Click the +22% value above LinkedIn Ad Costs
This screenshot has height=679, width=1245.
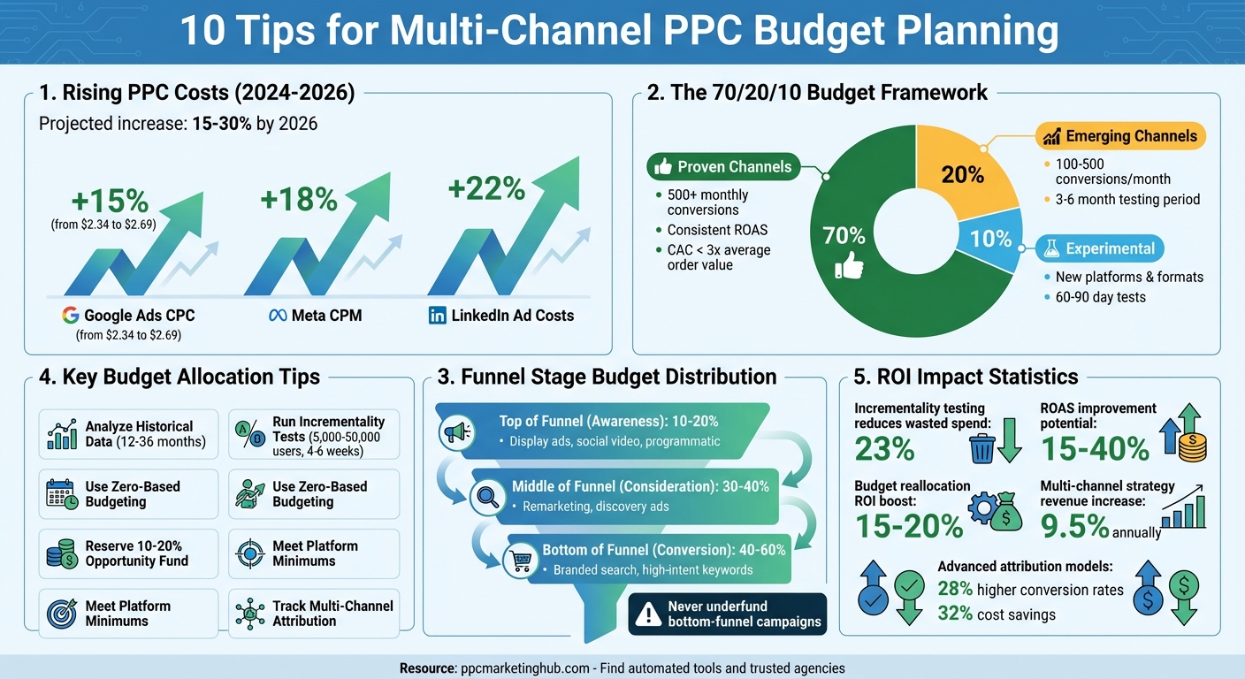[x=486, y=189]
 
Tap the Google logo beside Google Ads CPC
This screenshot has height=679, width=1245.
[x=71, y=316]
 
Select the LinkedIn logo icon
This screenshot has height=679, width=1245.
[x=437, y=316]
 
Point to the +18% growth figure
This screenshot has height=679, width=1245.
[x=299, y=200]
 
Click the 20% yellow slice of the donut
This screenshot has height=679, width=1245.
[x=962, y=174]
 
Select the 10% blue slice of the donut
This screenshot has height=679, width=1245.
[x=990, y=239]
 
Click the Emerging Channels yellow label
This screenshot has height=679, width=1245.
[x=1119, y=136]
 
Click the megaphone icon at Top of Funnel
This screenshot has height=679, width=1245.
[x=456, y=431]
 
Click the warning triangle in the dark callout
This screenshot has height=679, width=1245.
[x=649, y=614]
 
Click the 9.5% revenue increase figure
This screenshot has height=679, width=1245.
[x=1073, y=526]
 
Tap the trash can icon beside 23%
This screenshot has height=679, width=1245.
[x=982, y=448]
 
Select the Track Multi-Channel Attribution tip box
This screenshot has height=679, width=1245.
[x=314, y=613]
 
